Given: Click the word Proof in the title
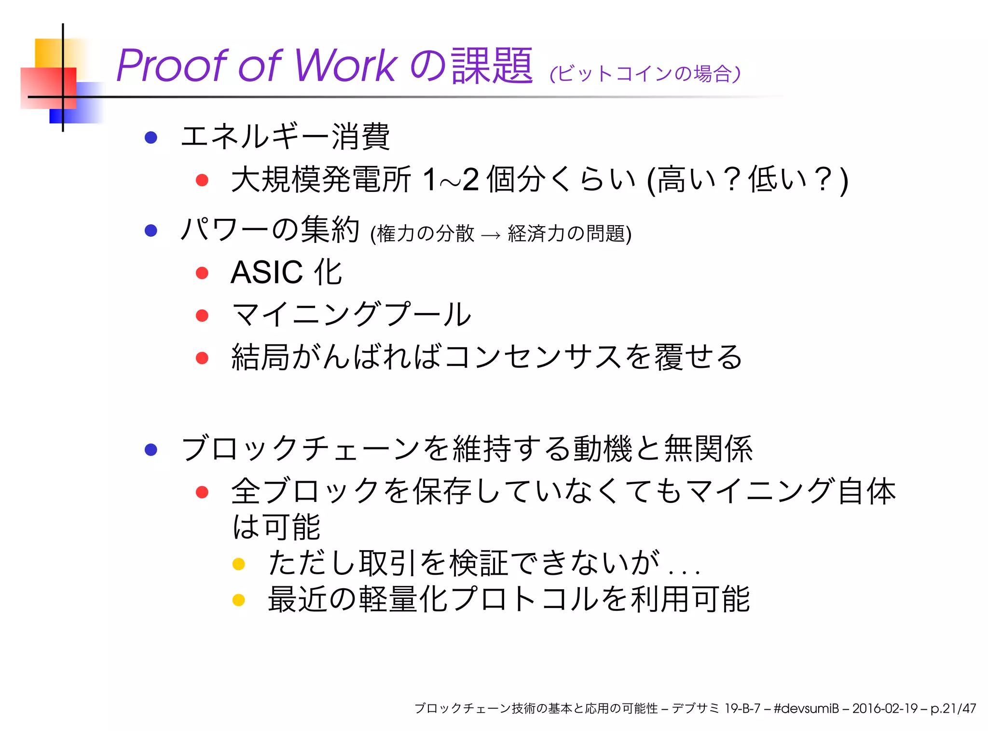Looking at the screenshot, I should [x=171, y=66].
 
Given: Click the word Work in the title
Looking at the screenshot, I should [x=345, y=66].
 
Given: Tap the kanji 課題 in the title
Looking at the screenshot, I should [x=492, y=66].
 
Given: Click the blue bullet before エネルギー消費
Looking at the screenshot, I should [x=151, y=137].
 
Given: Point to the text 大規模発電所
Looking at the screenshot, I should [x=321, y=179].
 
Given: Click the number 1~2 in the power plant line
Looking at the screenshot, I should [x=450, y=179].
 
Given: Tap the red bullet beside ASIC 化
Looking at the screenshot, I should [x=202, y=273].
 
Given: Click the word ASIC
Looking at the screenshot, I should [x=267, y=272].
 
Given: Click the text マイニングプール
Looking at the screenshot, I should [x=351, y=315].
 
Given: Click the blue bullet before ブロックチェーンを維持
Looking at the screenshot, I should [x=151, y=449].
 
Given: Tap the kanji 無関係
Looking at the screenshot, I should [x=708, y=449].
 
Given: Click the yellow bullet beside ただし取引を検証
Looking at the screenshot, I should [x=239, y=564].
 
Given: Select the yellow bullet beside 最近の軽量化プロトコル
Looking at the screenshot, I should [x=239, y=600].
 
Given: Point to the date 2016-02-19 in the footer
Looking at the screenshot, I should [x=885, y=708].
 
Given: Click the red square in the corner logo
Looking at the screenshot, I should [x=48, y=88].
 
